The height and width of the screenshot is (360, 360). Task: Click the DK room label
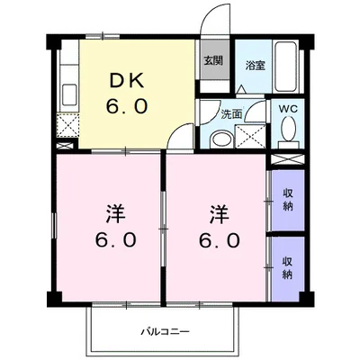point(127,80)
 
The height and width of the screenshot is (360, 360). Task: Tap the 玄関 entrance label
point(213,60)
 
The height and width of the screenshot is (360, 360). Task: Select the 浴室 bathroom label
point(256,66)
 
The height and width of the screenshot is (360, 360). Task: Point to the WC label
point(288,109)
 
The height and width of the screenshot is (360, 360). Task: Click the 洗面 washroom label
point(231,114)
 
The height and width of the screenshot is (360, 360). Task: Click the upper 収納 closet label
point(287,200)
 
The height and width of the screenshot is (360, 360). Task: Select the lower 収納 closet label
point(287,268)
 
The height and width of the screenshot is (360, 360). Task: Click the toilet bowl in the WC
point(288,129)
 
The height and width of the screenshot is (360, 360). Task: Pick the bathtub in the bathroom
point(285,67)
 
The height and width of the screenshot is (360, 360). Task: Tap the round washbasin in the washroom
point(221,139)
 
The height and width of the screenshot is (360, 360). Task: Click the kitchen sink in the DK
point(69,94)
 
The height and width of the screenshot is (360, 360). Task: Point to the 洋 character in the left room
point(115,214)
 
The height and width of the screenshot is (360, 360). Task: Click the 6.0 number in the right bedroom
point(220,240)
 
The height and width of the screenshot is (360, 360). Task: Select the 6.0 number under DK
point(127,106)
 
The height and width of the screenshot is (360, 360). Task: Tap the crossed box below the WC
point(287,159)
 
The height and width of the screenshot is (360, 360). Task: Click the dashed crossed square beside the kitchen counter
point(67,125)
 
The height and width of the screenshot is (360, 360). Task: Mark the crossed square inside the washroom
point(250,136)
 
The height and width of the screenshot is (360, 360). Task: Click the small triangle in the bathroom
point(241,89)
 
